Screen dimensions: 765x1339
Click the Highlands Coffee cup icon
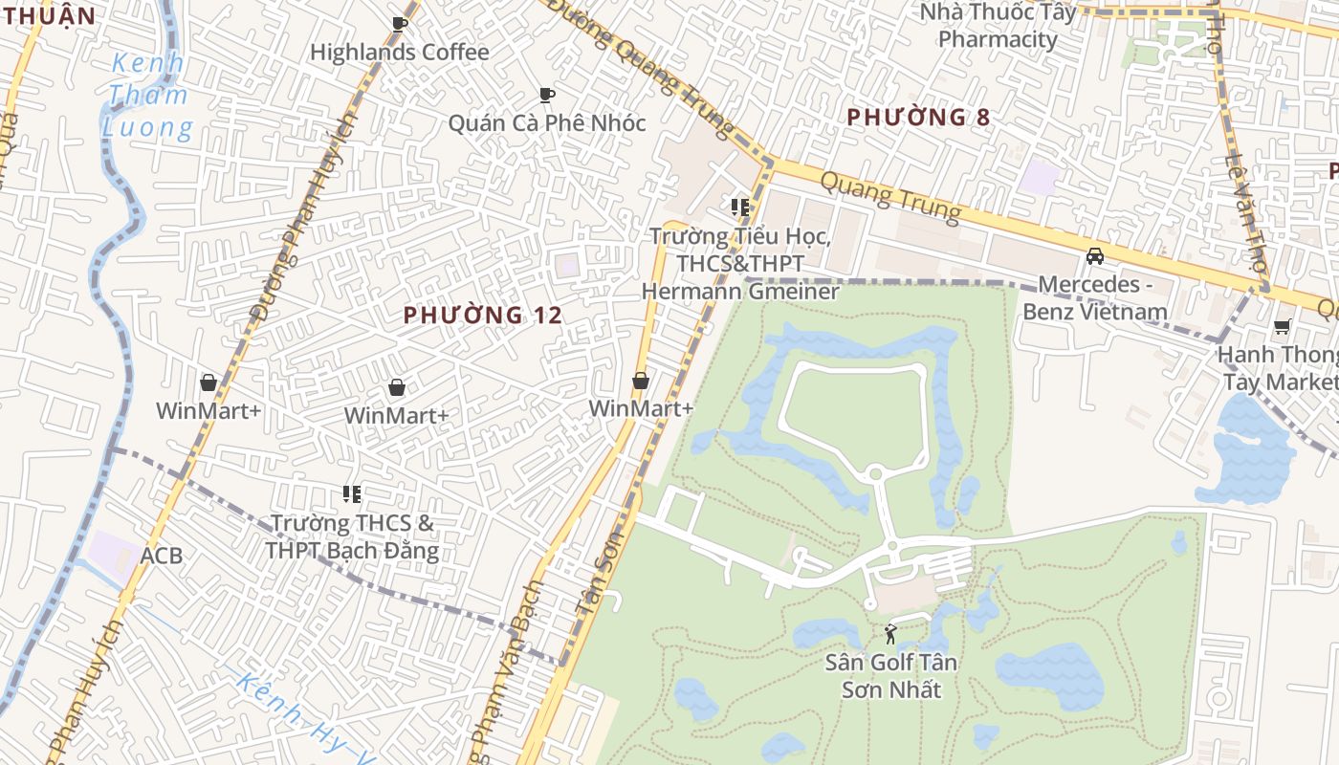(x=400, y=24)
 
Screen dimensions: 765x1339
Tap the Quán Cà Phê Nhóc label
(x=547, y=123)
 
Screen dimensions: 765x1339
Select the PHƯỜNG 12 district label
(x=482, y=315)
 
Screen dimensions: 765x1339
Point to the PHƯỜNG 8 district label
(x=918, y=118)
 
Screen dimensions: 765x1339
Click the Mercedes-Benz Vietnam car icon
(x=1095, y=255)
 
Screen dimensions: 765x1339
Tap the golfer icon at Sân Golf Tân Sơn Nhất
(x=891, y=633)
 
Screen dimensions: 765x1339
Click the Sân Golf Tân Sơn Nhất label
(x=891, y=676)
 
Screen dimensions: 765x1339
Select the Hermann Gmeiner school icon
(x=739, y=207)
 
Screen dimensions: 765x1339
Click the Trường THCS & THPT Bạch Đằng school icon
(x=352, y=494)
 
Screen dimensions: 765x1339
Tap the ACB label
(x=161, y=556)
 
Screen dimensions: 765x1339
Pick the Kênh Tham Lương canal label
(x=148, y=96)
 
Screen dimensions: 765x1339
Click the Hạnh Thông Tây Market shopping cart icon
(x=1283, y=327)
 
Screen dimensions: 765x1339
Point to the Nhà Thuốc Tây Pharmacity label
(x=998, y=26)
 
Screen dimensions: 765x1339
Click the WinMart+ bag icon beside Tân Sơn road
(x=641, y=381)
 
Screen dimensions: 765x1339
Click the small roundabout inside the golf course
(x=874, y=473)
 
